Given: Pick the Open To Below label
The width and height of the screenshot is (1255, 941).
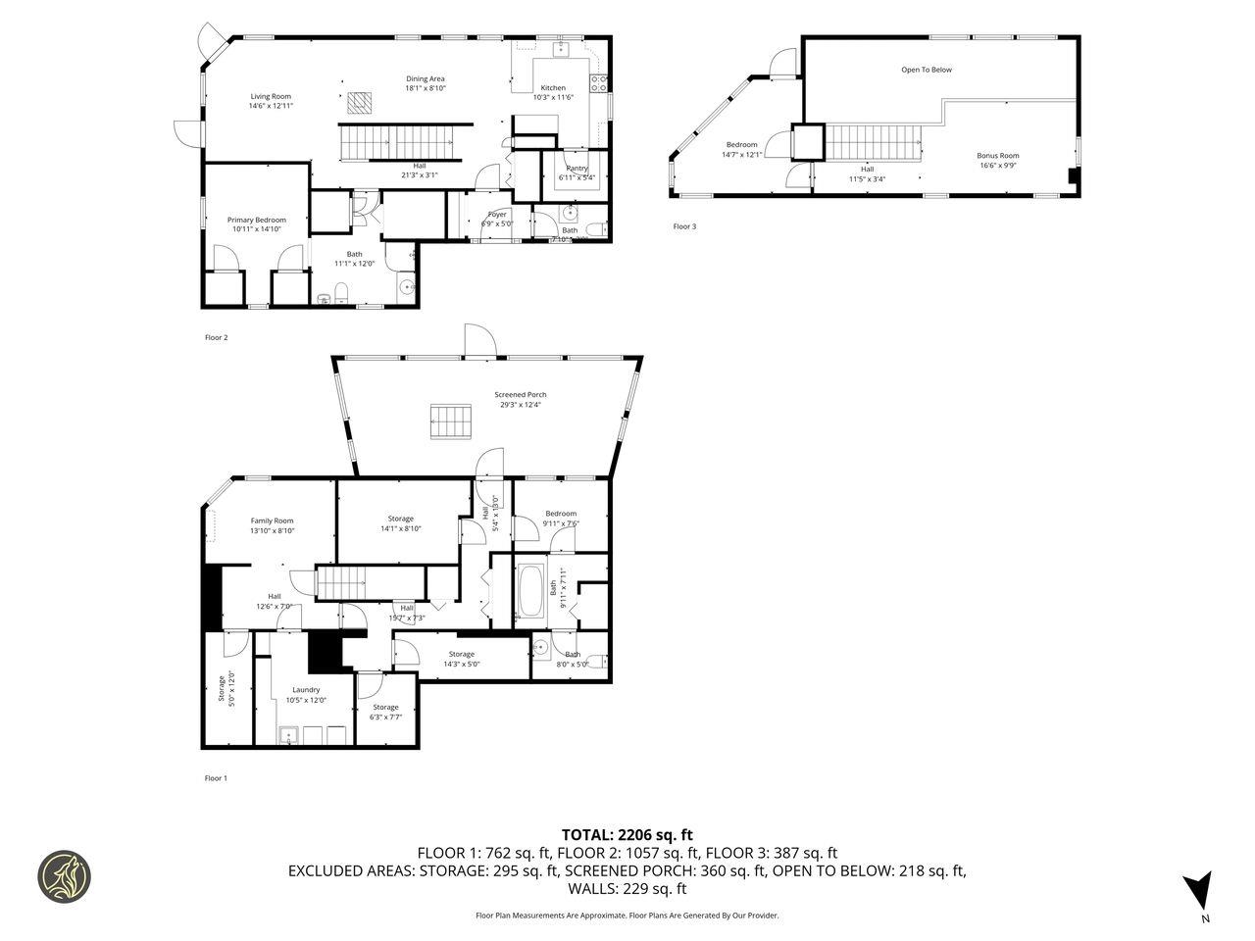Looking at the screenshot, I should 927,70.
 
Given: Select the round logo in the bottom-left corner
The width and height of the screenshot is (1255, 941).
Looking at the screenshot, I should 64,875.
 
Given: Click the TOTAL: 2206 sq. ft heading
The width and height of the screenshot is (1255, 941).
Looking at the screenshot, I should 627,835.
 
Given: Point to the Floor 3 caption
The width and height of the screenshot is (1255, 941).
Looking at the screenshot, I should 684,226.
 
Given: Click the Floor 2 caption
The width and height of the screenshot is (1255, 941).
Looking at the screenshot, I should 216,337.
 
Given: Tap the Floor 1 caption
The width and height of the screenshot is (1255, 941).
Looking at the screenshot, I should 216,778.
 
